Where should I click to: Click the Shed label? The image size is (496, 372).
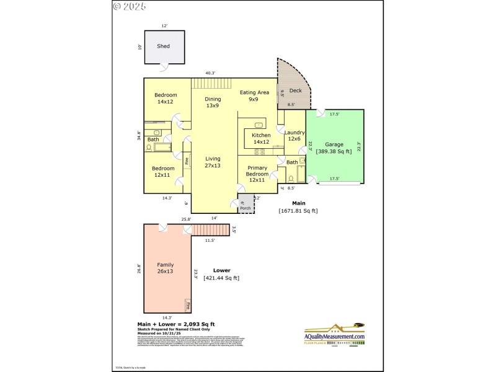[x=163, y=46]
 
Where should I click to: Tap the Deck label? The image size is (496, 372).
[x=295, y=91]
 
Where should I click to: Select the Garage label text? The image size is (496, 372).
[x=334, y=144]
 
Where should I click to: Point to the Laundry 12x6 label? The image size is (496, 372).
[x=294, y=135]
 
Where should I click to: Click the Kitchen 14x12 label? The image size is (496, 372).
[x=261, y=138]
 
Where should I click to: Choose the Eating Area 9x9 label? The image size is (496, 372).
[x=254, y=95]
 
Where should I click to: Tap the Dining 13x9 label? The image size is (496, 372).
[x=213, y=102]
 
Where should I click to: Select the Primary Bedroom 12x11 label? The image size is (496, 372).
[x=257, y=174]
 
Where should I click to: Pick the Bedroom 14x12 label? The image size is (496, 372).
[x=166, y=98]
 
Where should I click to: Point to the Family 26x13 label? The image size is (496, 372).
[x=165, y=268]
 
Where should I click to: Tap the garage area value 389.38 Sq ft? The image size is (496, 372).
[x=334, y=151]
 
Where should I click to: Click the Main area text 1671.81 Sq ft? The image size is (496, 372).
[x=298, y=211]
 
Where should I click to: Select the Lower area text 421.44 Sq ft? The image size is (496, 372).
[x=221, y=278]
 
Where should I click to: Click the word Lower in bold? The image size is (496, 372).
[x=221, y=270]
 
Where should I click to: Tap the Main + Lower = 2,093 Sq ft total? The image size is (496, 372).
[x=175, y=324]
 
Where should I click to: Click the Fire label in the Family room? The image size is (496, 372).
[x=187, y=304]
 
